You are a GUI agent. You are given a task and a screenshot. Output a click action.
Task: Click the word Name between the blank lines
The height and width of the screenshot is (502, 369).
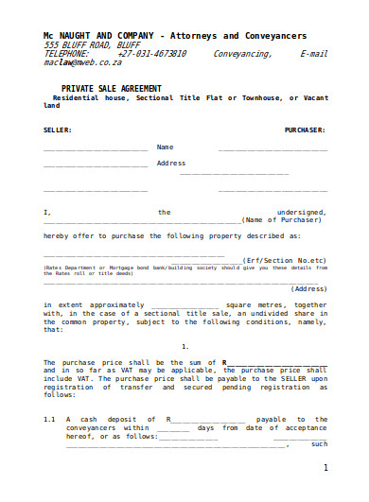click(x=165, y=147)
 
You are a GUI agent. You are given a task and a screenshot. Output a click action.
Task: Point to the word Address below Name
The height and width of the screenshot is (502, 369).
click(x=171, y=163)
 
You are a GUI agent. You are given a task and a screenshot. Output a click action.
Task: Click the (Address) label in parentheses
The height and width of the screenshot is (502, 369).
click(x=308, y=288)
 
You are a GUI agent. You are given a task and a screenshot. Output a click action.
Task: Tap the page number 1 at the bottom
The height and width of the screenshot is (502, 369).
click(x=325, y=468)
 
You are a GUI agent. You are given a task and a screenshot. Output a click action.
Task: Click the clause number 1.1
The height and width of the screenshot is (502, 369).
click(x=51, y=419)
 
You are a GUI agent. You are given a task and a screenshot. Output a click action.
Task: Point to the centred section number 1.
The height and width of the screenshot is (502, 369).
click(x=184, y=347)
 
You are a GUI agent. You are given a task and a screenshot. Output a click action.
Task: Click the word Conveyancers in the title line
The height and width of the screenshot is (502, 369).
click(x=273, y=34)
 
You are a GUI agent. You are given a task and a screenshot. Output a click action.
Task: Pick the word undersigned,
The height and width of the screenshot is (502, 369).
click(x=301, y=213)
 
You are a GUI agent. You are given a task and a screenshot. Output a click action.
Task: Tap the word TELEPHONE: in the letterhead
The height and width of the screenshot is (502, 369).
click(x=66, y=54)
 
